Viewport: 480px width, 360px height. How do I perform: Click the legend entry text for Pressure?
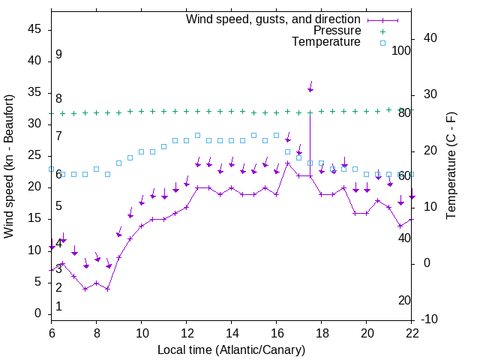[337, 31]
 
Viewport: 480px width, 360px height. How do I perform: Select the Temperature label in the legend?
[326, 43]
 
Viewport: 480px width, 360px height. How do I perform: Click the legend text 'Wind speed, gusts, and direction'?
[273, 19]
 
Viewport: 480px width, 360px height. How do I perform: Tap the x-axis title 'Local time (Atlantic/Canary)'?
[232, 350]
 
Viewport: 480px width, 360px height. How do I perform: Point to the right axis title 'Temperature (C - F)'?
[451, 166]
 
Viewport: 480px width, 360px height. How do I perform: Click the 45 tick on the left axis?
[34, 29]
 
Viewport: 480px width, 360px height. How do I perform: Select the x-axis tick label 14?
[232, 333]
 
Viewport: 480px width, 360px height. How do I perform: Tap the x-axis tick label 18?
[322, 333]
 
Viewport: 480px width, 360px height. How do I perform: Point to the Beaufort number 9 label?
[58, 55]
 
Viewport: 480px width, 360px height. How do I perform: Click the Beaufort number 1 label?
[58, 307]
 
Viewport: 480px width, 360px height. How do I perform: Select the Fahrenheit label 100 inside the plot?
[401, 50]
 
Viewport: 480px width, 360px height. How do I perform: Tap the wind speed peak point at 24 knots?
[288, 163]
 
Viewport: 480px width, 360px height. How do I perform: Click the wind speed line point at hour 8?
[96, 283]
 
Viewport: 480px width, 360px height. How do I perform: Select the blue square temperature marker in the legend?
[382, 43]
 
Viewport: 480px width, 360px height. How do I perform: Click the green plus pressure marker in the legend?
[382, 31]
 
